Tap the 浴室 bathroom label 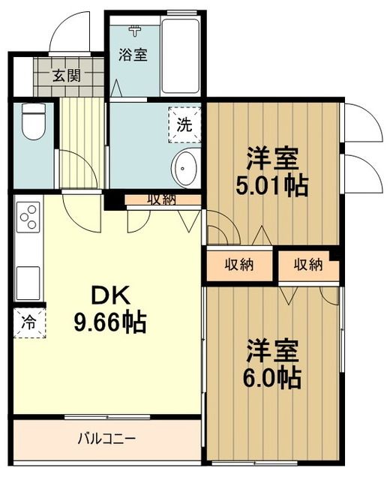coord(134,55)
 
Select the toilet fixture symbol coord(34,121)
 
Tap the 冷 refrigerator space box coord(28,323)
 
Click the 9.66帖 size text coord(109,322)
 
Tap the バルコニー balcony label coord(107,437)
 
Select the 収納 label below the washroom coord(161,199)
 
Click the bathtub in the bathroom coord(181,56)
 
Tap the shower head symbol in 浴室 coord(135,31)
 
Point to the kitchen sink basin coord(28,281)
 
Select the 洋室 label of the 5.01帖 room coord(272,160)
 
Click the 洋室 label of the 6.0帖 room coord(272,351)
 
